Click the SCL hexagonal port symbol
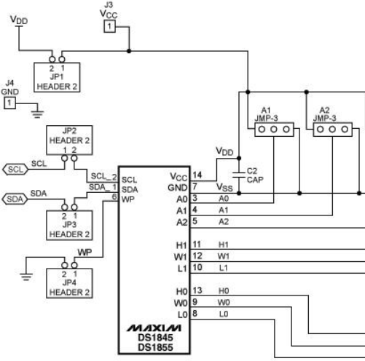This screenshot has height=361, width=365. tap(15, 170)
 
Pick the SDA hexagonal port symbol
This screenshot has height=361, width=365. tap(15, 199)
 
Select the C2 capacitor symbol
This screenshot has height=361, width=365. tap(239, 175)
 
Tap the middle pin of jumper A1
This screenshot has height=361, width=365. tap(274, 130)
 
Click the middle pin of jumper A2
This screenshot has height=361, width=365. tap(332, 130)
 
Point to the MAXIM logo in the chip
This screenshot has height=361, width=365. tap(154, 328)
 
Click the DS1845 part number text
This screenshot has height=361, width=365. tap(155, 338)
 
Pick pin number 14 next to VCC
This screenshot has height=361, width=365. tap(197, 175)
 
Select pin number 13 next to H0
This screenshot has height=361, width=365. tap(197, 290)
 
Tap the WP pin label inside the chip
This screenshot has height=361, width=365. tap(127, 199)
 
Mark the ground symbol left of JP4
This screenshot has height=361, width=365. tap(26, 277)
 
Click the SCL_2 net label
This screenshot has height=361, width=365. tap(103, 176)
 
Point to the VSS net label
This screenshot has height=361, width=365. tap(224, 187)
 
